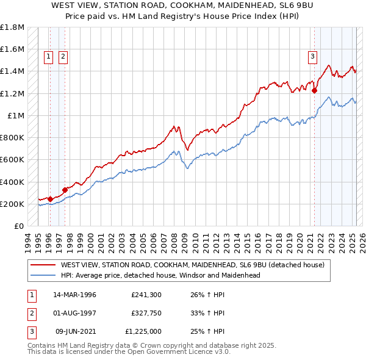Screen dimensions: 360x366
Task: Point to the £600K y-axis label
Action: tap(12, 160)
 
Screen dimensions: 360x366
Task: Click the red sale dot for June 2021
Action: tap(315, 91)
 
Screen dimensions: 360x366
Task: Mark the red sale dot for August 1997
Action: tap(65, 190)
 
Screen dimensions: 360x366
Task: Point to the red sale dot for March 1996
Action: tap(50, 199)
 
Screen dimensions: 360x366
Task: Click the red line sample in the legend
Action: tap(42, 265)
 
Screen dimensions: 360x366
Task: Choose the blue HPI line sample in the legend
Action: tap(42, 275)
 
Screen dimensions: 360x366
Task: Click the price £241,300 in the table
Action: tap(146, 295)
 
